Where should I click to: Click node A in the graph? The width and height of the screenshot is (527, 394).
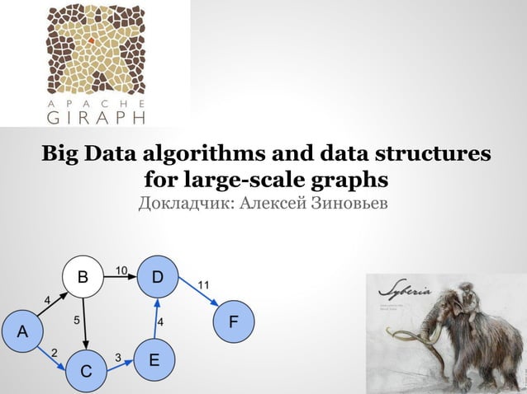pyautogui.click(x=22, y=331)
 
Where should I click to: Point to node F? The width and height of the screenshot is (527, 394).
pyautogui.click(x=235, y=320)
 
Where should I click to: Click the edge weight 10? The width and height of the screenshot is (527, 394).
pyautogui.click(x=121, y=270)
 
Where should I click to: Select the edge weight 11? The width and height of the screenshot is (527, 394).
pyautogui.click(x=202, y=285)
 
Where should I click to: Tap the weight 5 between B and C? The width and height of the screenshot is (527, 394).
pyautogui.click(x=76, y=319)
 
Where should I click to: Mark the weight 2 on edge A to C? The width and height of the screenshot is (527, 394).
pyautogui.click(x=55, y=353)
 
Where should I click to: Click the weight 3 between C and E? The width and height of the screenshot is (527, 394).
pyautogui.click(x=118, y=358)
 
